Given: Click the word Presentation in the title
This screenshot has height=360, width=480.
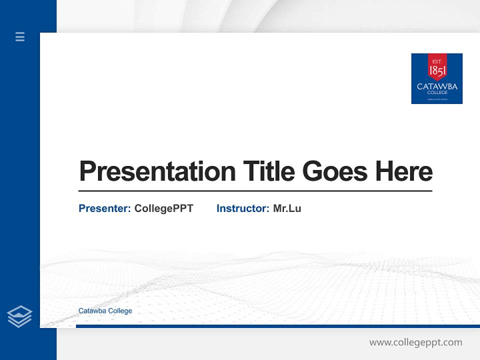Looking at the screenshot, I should tap(157, 171).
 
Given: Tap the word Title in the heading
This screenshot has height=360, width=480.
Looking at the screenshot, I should tap(268, 171).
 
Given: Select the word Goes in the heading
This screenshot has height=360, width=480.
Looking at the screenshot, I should tap(335, 171).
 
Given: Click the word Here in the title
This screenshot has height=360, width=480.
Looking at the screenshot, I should tap(403, 171).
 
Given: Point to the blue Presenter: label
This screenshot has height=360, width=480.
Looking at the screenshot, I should tap(104, 208).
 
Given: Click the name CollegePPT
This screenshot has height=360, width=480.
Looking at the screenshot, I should tap(163, 208).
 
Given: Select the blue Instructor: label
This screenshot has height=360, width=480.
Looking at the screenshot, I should tap(242, 208).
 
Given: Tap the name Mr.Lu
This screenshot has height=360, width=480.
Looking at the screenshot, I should tap(287, 208).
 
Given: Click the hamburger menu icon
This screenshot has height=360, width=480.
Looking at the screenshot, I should tap(20, 36).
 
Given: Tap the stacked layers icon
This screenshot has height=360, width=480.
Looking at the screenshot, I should tap(19, 316).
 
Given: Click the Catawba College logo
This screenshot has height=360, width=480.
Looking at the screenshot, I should tap(436, 78).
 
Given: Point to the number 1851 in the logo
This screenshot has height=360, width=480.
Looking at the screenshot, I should tap(437, 71).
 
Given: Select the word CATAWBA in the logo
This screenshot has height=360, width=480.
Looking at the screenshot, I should tap(437, 86).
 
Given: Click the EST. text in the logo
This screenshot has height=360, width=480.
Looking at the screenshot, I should tap(437, 61).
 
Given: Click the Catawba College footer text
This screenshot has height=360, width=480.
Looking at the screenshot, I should tap(105, 311).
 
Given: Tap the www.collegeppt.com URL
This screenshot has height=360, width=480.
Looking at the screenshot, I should tap(415, 342).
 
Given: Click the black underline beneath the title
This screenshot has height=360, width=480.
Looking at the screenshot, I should tap(255, 190).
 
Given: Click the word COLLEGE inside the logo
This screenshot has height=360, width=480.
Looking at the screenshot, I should tap(437, 92).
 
